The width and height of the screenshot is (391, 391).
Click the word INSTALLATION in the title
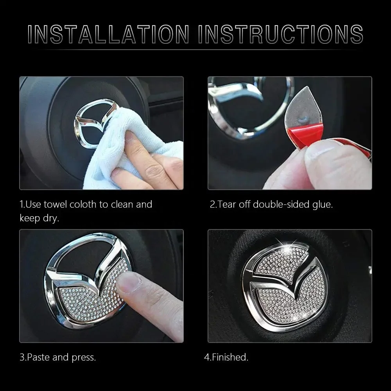click(108, 34)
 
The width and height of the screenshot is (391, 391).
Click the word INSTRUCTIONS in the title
click(280, 34)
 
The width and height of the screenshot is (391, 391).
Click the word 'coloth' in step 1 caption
click(83, 204)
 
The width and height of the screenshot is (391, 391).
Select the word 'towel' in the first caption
click(55, 204)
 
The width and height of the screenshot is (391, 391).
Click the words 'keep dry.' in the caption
click(39, 218)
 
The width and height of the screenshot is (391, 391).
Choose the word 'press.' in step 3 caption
click(84, 358)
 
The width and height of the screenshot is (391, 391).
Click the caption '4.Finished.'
click(226, 357)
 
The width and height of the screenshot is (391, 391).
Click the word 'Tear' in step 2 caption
click(227, 204)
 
